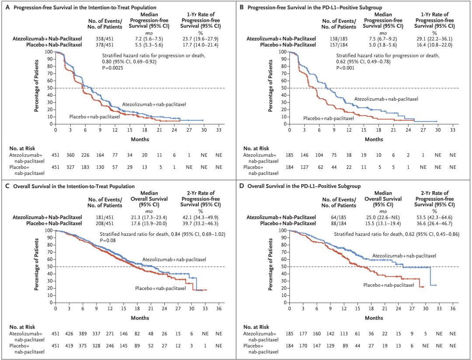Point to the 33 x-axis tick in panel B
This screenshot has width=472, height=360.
[452, 130]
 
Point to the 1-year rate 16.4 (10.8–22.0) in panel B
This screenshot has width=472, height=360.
[434, 44]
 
